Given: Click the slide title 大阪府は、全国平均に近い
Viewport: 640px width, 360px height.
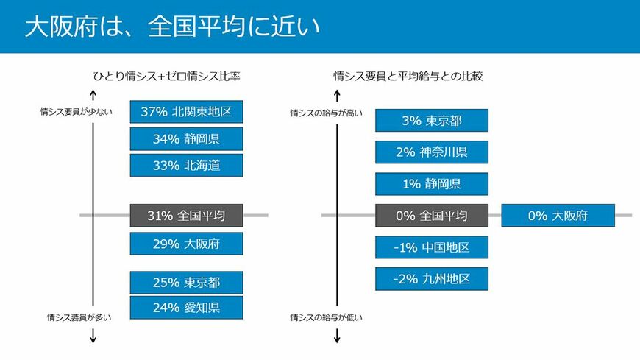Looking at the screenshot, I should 172,27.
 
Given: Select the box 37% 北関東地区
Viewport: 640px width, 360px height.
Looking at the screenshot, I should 186,113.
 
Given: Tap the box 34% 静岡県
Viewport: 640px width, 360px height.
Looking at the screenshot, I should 186,138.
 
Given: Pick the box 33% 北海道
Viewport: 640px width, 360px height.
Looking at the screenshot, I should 186,165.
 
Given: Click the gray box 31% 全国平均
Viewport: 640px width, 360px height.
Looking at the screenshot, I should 186,216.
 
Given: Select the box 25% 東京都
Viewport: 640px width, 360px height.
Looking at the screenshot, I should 186,282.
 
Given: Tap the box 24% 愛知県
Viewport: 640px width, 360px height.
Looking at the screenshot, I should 186,308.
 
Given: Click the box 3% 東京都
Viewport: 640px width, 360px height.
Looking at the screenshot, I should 432,121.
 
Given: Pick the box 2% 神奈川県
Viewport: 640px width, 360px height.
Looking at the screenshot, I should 432,152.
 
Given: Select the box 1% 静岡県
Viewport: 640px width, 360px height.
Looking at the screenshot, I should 432,184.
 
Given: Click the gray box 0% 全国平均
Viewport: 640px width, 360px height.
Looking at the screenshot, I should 432,216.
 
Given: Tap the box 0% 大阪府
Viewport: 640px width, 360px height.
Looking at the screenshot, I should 558,216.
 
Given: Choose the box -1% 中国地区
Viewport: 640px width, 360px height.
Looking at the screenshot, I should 432,247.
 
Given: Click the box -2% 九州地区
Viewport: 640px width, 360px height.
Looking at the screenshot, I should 432,278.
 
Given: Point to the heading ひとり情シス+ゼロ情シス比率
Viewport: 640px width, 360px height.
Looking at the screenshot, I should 167,76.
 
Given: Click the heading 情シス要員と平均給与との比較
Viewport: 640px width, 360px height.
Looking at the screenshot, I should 408,76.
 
